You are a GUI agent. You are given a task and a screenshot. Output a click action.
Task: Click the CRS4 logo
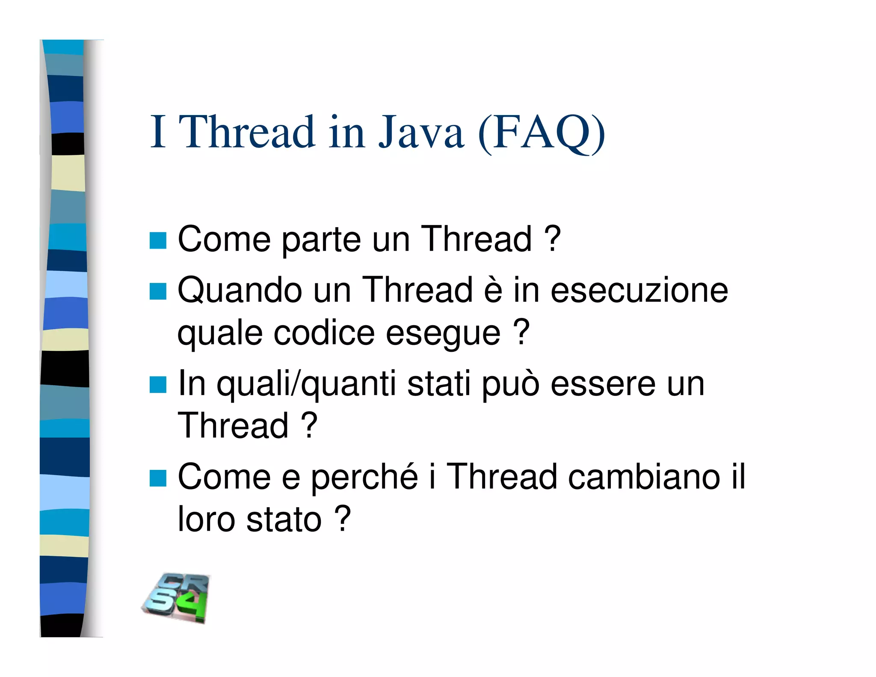pyautogui.click(x=176, y=598)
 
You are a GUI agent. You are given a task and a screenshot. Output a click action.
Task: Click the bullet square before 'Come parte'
pyautogui.click(x=158, y=240)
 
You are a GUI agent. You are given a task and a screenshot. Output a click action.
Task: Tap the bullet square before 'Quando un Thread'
pyautogui.click(x=158, y=291)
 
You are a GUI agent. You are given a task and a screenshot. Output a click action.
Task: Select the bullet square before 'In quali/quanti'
pyautogui.click(x=158, y=384)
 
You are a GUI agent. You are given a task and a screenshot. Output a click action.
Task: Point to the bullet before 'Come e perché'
pyautogui.click(x=158, y=478)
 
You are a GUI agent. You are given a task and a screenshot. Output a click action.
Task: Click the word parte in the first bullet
pyautogui.click(x=321, y=240)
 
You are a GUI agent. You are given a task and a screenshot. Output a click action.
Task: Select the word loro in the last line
pyautogui.click(x=206, y=520)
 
